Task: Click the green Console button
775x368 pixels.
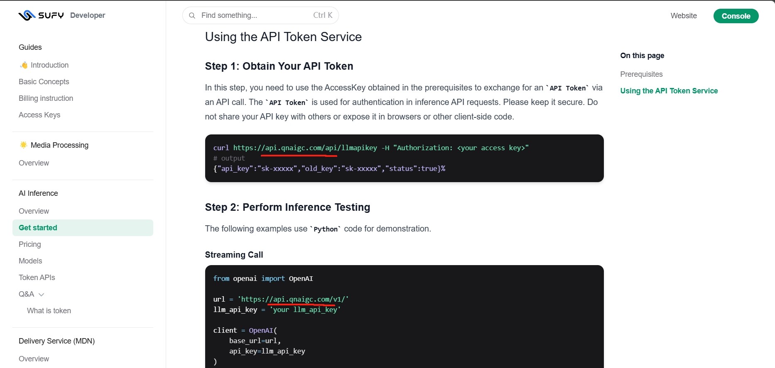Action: [736, 16]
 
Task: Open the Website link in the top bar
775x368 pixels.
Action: [684, 16]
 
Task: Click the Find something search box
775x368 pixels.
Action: [260, 15]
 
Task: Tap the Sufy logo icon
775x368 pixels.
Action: [27, 15]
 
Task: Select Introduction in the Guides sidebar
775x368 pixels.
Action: [49, 65]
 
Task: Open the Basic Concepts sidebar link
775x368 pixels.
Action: [44, 82]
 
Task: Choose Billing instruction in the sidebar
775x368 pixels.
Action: [46, 98]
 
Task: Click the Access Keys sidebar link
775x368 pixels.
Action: [39, 115]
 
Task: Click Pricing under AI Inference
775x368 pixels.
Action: [30, 244]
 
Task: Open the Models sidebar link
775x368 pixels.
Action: [30, 261]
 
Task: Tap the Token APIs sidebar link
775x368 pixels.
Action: [37, 278]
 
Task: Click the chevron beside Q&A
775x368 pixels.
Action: [41, 295]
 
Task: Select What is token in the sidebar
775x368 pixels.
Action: [49, 311]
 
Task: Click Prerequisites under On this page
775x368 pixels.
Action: [641, 74]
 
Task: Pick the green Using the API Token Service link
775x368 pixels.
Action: [669, 91]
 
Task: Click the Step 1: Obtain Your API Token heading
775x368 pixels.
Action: [279, 66]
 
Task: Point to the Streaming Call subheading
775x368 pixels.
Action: [234, 255]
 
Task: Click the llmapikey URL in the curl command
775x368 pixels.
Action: [305, 148]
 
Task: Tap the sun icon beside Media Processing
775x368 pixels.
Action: [24, 145]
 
